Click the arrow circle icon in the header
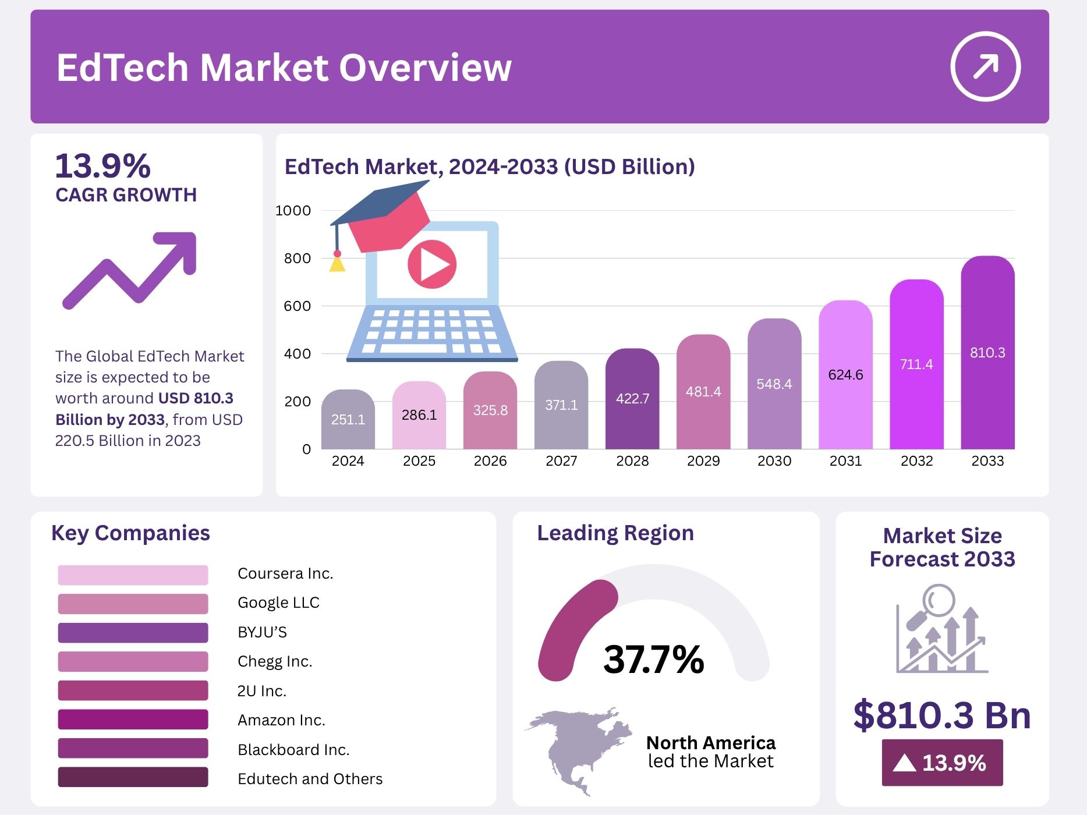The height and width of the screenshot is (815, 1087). tap(985, 66)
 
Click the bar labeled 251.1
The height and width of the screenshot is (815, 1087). tap(348, 419)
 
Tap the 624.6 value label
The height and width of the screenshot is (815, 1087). tap(845, 375)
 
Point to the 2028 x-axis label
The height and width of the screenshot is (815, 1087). tap(632, 461)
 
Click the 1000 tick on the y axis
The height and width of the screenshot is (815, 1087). tap(293, 211)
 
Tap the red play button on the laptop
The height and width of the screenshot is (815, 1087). tap(431, 265)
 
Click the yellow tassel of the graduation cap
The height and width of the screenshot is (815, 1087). tap(337, 265)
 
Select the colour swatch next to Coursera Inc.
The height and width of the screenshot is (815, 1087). tap(133, 575)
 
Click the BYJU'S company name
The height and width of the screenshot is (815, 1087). tap(262, 632)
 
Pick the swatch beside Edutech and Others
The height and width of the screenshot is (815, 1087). tap(133, 777)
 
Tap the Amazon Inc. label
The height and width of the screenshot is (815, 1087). tap(281, 720)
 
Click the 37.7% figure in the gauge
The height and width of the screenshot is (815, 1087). tap(654, 659)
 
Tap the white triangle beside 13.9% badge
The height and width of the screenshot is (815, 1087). tap(904, 763)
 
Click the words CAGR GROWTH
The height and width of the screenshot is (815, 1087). tap(126, 195)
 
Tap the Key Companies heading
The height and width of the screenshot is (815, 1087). tap(130, 533)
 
